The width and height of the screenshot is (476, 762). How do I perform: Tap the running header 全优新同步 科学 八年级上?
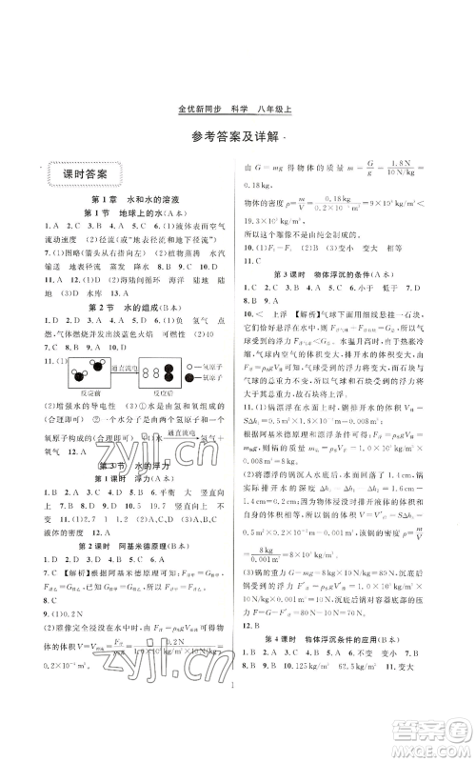[238, 108]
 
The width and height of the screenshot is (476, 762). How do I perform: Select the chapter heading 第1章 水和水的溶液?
[127, 197]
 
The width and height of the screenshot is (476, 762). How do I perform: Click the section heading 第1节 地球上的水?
[127, 211]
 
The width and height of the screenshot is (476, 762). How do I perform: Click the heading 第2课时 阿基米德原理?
[127, 563]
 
